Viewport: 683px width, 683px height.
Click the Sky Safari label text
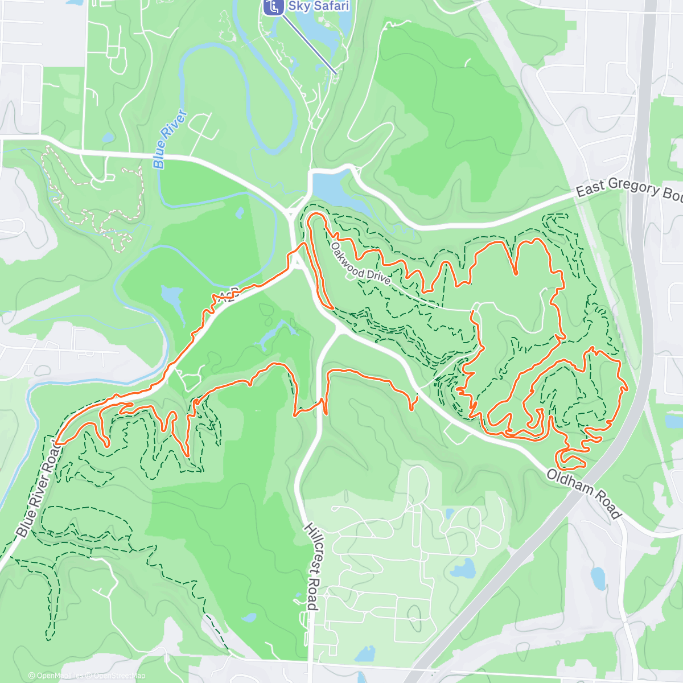[318, 6]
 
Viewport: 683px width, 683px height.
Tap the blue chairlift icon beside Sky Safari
[274, 7]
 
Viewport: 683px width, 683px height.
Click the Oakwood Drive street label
[360, 265]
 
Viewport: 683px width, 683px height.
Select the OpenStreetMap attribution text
[120, 676]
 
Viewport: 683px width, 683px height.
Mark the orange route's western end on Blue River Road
[57, 442]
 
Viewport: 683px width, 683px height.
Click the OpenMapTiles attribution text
[59, 676]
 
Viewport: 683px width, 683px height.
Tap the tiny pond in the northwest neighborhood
[108, 138]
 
